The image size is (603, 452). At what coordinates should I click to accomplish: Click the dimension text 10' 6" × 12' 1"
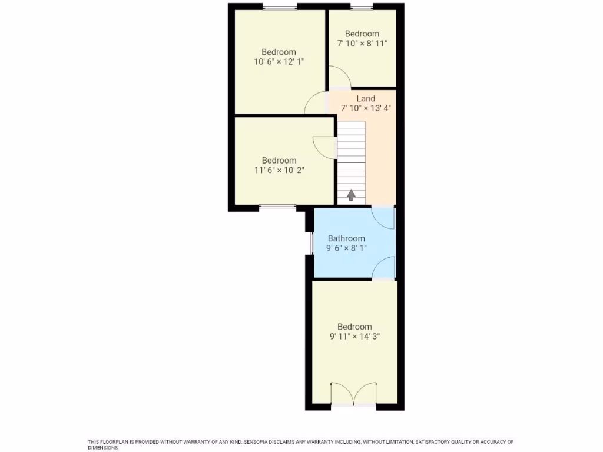(279, 62)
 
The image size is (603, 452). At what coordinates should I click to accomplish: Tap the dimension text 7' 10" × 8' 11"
(362, 44)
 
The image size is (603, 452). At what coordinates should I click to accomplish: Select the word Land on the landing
(366, 98)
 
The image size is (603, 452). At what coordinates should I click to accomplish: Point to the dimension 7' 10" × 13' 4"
(366, 108)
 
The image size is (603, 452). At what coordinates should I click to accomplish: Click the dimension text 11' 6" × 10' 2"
(279, 170)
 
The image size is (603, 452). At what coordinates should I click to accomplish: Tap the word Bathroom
(346, 238)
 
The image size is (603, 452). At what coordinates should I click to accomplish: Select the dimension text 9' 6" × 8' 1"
(346, 248)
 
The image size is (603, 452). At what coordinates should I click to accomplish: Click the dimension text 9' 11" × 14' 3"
(354, 337)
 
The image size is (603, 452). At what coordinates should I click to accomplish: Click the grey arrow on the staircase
(352, 195)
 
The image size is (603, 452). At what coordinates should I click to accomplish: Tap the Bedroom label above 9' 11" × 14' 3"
(354, 327)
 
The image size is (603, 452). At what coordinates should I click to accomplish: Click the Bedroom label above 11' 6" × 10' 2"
(279, 160)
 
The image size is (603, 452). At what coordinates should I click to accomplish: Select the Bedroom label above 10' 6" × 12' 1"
(279, 52)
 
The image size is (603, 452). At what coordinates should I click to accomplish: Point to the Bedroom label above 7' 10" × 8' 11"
(362, 34)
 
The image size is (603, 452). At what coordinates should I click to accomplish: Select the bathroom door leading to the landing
(384, 218)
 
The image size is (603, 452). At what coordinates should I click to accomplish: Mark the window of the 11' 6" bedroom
(278, 207)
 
